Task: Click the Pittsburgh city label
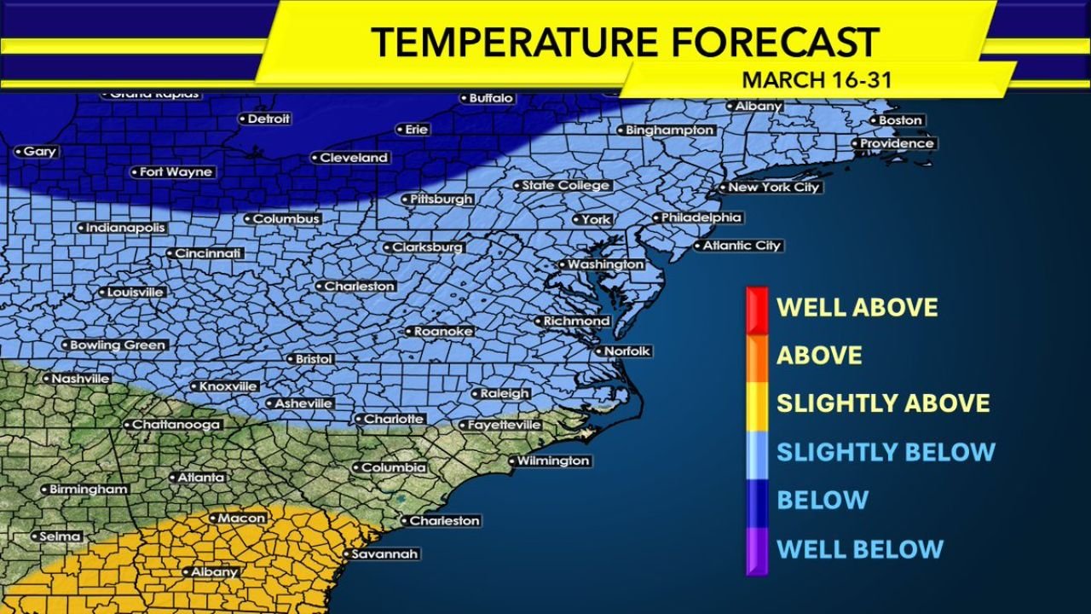click(441, 199)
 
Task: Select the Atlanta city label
click(200, 478)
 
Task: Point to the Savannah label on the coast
click(384, 554)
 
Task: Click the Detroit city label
click(268, 119)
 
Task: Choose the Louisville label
click(134, 292)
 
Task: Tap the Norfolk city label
click(626, 351)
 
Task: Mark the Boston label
click(900, 120)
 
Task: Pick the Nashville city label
click(80, 379)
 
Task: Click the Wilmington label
click(553, 460)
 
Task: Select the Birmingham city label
click(88, 489)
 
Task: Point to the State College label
click(565, 185)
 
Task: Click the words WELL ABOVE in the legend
click(857, 307)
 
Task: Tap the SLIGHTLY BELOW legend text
click(886, 451)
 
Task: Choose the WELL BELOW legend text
click(859, 548)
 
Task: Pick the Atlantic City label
click(742, 246)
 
